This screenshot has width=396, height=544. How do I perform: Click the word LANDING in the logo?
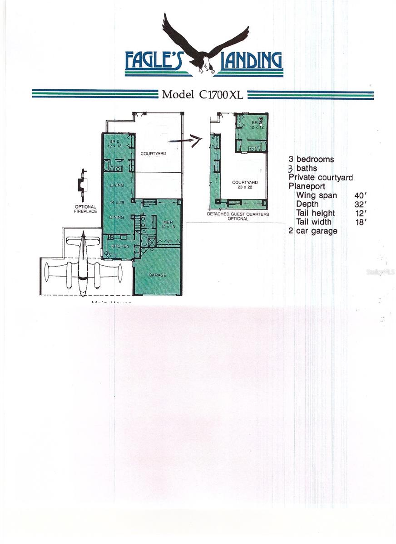[x=251, y=61]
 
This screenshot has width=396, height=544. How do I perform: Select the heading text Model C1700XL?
[x=203, y=95]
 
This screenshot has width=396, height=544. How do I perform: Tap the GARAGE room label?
[x=157, y=275]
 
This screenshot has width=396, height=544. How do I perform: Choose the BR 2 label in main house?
[x=113, y=143]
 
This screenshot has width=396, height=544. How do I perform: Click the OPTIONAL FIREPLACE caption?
[x=85, y=209]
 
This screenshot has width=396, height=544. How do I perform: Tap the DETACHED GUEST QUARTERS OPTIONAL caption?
[x=238, y=216]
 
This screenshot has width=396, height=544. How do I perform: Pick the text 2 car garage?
[x=313, y=231]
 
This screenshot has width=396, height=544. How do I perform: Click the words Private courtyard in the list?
[x=321, y=177]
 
